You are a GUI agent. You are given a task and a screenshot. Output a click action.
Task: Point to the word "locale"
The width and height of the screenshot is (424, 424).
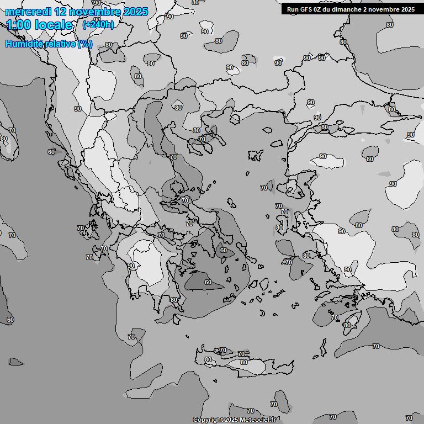(x=53, y=25)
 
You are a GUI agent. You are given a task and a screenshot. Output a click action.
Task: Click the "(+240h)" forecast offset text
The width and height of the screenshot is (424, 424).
(x=98, y=25)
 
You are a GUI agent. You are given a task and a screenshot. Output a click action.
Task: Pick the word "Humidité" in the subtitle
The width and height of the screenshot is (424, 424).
(x=28, y=44)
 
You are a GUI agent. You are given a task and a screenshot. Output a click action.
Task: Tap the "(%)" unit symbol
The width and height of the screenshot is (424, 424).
(x=85, y=44)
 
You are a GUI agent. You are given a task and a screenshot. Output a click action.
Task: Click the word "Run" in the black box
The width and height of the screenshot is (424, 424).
(x=293, y=9)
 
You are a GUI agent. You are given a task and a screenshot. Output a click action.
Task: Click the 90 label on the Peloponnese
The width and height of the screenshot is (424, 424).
(x=131, y=266)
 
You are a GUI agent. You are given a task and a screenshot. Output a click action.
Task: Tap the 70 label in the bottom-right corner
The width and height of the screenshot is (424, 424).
(x=409, y=418)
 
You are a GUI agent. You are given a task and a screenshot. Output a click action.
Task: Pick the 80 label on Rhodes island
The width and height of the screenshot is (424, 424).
(x=347, y=325)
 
